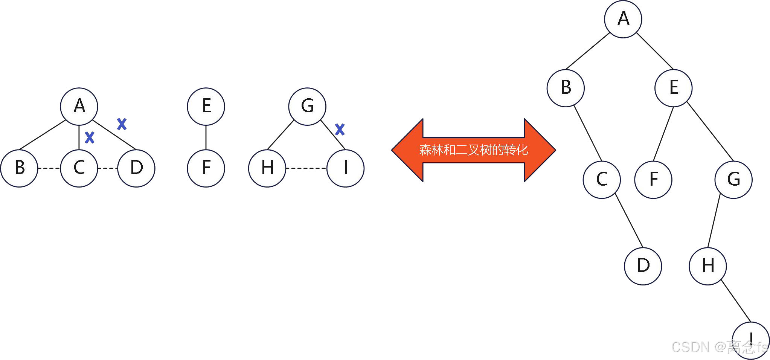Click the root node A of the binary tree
tap(623, 19)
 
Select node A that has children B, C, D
tap(79, 106)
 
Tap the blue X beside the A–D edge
tap(122, 124)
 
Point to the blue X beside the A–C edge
tap(90, 137)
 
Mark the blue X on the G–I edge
tap(340, 130)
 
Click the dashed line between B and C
tap(49, 168)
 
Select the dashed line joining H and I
tap(306, 168)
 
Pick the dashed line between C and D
tap(108, 168)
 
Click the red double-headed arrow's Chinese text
tap(473, 150)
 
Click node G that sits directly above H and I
tap(307, 106)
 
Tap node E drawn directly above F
tap(206, 106)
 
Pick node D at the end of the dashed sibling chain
tap(136, 168)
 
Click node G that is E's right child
tap(733, 180)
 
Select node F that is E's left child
tap(653, 180)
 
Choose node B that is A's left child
tap(566, 88)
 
